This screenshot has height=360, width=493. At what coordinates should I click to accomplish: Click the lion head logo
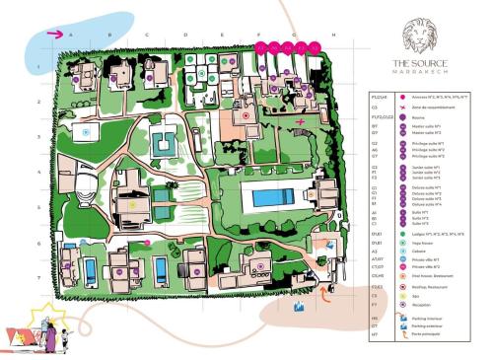coord(422,36)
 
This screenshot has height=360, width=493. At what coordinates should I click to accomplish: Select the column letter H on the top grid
coord(335,35)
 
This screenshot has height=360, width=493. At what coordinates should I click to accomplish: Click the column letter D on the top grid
coord(185,35)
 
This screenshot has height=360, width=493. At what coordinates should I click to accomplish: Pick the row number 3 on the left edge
coord(37,137)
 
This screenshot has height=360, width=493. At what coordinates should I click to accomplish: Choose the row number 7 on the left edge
coord(37,278)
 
